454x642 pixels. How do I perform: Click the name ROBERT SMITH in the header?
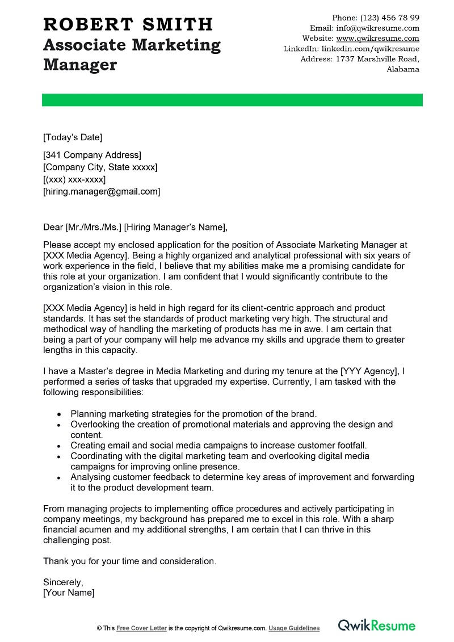tap(128, 24)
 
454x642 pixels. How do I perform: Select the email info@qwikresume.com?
tap(377, 28)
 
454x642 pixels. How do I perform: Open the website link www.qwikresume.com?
tap(377, 39)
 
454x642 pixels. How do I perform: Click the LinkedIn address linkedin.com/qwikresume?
tap(370, 49)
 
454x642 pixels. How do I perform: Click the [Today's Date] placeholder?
tap(73, 137)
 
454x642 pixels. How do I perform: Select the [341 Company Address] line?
tap(92, 155)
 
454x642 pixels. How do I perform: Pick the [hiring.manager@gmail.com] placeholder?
tap(102, 191)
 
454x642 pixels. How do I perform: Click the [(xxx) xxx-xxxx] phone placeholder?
tap(74, 179)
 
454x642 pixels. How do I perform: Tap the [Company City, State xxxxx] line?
tap(100, 167)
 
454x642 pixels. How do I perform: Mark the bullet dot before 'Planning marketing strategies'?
tap(60, 414)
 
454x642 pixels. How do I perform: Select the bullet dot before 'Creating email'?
tap(60, 446)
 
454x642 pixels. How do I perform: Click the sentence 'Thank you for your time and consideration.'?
tap(129, 561)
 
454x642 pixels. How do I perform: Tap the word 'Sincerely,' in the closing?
tap(63, 582)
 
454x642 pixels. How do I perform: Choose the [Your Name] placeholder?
tap(69, 593)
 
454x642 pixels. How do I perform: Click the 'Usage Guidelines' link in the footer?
tap(294, 628)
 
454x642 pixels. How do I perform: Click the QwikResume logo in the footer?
tap(377, 626)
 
